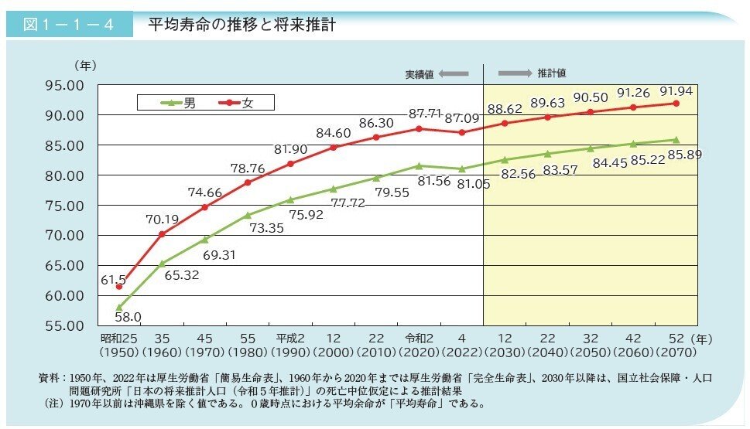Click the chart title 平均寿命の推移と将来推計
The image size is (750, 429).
click(x=241, y=26)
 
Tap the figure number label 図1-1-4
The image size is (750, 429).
click(x=69, y=26)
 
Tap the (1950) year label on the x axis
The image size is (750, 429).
click(x=118, y=352)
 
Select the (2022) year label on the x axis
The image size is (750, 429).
click(x=461, y=352)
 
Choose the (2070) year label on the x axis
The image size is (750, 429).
click(x=675, y=352)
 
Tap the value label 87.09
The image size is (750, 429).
click(x=464, y=119)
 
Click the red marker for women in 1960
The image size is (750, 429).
click(x=162, y=233)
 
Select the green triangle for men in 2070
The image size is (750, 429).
click(x=676, y=140)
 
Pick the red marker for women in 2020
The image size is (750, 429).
click(x=419, y=128)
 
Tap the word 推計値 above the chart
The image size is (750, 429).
click(x=552, y=73)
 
